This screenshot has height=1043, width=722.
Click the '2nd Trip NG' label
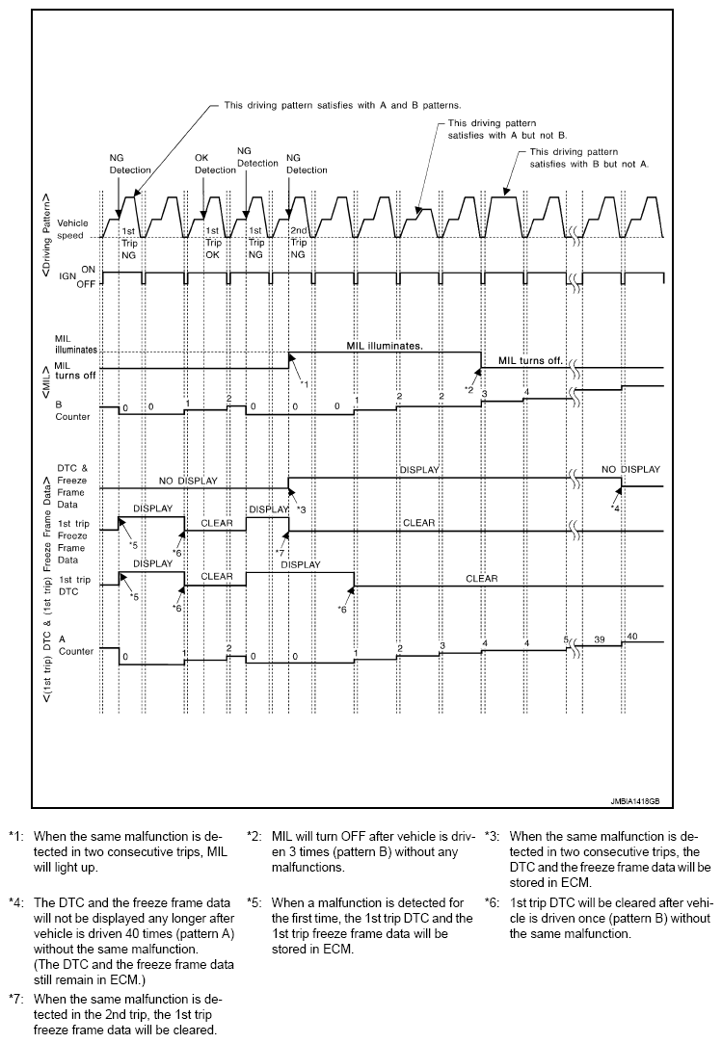(x=299, y=243)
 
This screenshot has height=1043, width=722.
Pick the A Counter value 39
(x=599, y=639)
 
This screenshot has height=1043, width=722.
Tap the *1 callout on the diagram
(x=303, y=384)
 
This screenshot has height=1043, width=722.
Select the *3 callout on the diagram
(x=301, y=508)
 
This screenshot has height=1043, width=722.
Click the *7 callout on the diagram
(x=278, y=553)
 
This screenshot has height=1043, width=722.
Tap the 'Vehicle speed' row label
(x=72, y=228)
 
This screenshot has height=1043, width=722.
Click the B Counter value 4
(x=526, y=392)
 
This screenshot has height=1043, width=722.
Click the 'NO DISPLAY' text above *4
(x=630, y=469)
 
